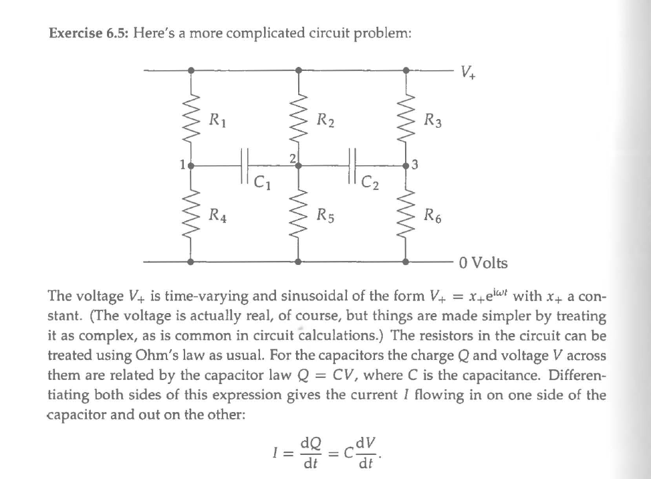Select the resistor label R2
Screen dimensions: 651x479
(325, 121)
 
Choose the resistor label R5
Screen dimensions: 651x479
(325, 215)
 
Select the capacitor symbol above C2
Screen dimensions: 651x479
(352, 163)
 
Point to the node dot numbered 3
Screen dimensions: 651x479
(406, 164)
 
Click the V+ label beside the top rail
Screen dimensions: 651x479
(467, 70)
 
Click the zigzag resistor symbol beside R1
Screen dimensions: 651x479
(192, 120)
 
